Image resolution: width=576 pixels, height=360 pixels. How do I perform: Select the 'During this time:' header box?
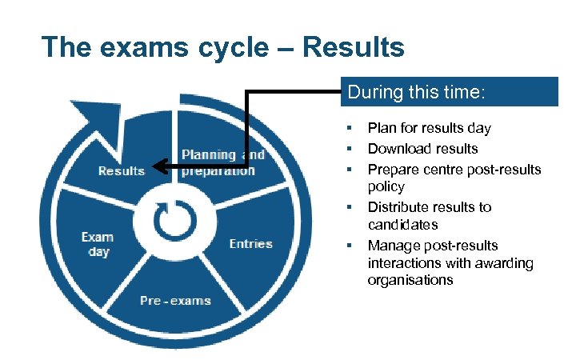coord(452,92)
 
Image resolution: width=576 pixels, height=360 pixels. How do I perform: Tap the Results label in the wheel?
coord(121,170)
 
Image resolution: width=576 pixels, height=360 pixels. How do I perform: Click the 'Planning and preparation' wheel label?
coord(222,162)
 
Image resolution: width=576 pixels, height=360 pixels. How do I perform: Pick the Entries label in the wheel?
coord(250,244)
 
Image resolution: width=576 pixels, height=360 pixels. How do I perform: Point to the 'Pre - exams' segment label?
coord(175,301)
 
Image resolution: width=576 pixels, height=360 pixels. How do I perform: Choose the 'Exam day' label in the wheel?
coord(97,244)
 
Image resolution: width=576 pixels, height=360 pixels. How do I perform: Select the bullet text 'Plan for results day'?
coord(429,128)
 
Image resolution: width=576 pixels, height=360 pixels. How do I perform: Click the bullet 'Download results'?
coord(422,148)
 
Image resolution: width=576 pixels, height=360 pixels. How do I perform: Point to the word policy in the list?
coord(386,186)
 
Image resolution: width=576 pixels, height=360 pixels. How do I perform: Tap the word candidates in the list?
coord(402,225)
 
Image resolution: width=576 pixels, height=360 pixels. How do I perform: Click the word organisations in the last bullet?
coord(410,280)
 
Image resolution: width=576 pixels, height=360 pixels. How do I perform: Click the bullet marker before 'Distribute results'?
coord(350,206)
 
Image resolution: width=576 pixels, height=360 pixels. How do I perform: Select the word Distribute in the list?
coord(397,206)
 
